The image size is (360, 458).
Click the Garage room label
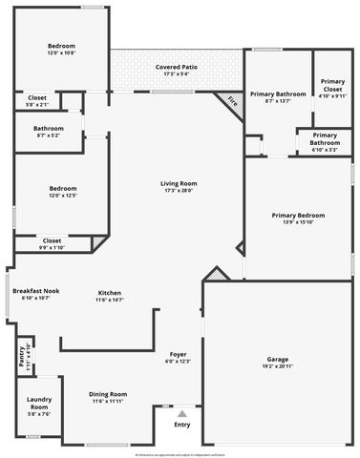(x=277, y=360)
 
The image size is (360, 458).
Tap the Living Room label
(x=179, y=183)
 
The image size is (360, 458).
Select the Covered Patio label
(x=177, y=67)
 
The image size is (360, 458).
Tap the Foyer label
(x=179, y=353)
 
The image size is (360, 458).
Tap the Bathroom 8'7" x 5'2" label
(x=49, y=128)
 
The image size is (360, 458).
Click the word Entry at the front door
(x=181, y=425)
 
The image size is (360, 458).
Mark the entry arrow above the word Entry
(x=181, y=413)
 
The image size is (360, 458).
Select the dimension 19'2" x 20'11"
(x=277, y=366)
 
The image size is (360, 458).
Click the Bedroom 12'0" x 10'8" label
(x=61, y=46)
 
